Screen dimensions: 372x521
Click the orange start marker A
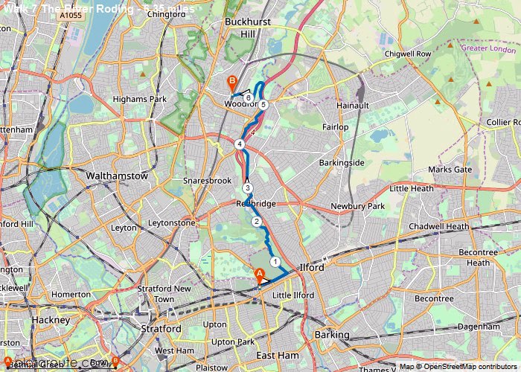tap(260, 274)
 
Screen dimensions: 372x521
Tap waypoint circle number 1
tap(275, 261)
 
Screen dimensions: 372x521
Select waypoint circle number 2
tap(256, 221)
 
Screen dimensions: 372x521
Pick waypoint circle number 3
tap(247, 188)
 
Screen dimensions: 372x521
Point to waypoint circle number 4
tap(239, 144)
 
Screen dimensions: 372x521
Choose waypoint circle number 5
tap(263, 105)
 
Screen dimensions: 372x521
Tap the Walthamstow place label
tap(117, 176)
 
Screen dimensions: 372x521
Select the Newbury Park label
tap(357, 206)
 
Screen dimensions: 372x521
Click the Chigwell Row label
tap(407, 54)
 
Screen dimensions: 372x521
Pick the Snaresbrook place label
tap(207, 181)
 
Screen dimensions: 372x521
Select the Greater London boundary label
tap(488, 49)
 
